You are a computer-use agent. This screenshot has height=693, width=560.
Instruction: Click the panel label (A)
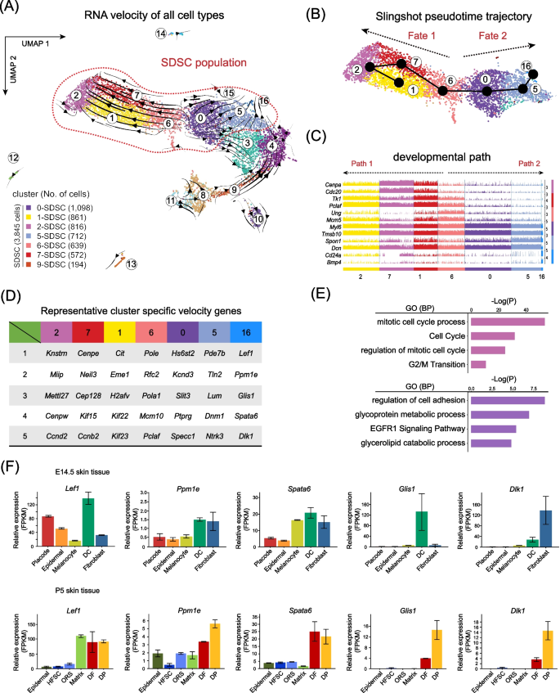[13, 9]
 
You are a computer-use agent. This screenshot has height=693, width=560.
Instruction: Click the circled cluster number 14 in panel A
[162, 32]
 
